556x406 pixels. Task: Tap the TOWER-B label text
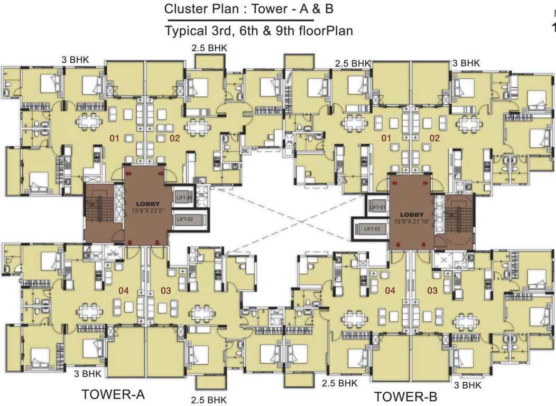pyautogui.click(x=406, y=396)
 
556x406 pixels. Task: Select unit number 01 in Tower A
pyautogui.click(x=114, y=139)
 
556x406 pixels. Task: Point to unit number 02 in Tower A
pyautogui.click(x=175, y=139)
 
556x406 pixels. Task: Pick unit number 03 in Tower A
pyautogui.click(x=166, y=290)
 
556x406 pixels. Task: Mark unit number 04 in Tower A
pyautogui.click(x=123, y=290)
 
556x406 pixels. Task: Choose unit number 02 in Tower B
pyautogui.click(x=434, y=139)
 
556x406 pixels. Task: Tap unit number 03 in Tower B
pyautogui.click(x=432, y=290)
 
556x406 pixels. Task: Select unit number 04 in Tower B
pyautogui.click(x=390, y=290)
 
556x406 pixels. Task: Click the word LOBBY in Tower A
pyautogui.click(x=146, y=204)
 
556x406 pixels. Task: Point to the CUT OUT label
pyautogui.click(x=112, y=253)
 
